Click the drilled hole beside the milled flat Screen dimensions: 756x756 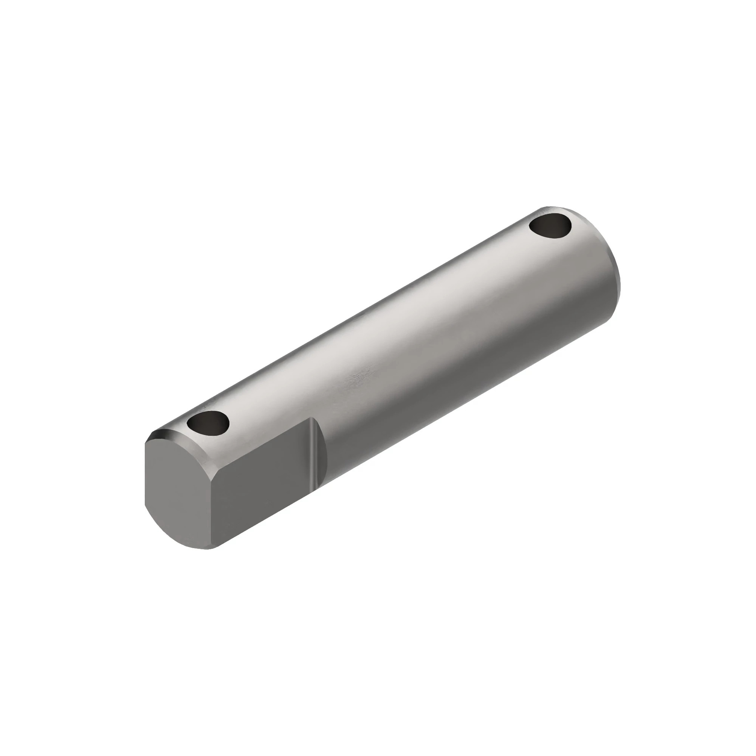point(208,423)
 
